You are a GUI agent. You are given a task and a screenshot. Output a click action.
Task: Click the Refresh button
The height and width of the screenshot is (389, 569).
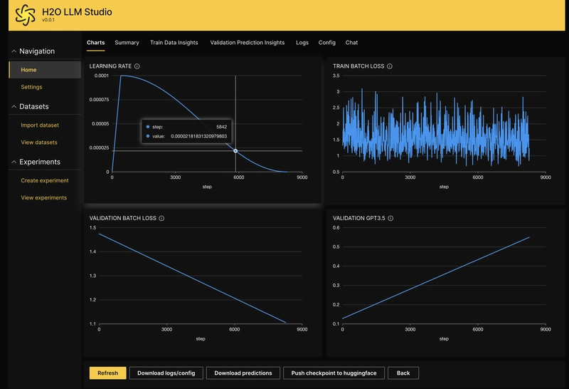coord(108,373)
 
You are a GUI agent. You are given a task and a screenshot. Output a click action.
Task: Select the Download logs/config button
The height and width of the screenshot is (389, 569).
coord(166,373)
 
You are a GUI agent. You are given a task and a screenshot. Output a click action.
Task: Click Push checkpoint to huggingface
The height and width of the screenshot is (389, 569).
coord(334,373)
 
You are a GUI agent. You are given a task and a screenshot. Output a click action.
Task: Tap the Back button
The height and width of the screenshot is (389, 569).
coord(403,373)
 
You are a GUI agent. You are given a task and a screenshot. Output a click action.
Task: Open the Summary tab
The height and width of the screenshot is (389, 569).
coord(127,43)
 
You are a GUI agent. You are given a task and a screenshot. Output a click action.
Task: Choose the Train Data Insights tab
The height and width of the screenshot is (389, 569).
coord(174,43)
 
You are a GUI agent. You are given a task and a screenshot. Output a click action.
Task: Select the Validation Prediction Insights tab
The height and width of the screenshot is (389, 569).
coord(247,43)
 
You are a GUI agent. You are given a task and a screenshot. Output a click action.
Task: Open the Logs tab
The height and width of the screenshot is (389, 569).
coord(302,43)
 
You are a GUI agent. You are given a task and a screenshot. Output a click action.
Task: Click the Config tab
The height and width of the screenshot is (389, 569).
coord(327,43)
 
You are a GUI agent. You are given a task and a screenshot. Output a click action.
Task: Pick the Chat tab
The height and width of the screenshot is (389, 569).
coord(351,43)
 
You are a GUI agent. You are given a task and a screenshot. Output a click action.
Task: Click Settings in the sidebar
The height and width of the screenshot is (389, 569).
coord(31,87)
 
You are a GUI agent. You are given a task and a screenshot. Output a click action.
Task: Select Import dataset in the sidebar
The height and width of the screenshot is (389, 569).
coord(40,125)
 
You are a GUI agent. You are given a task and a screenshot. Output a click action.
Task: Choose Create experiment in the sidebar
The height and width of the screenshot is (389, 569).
coord(45,180)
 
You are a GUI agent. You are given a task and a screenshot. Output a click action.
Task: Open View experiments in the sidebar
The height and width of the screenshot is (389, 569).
coord(44,198)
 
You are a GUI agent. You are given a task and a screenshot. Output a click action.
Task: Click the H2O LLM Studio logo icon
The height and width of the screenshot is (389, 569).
coord(26,15)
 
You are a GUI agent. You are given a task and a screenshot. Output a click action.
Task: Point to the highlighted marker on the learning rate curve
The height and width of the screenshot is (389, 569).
coord(235,151)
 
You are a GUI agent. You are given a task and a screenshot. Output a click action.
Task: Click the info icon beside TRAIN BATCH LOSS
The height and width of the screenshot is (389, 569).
coord(389,66)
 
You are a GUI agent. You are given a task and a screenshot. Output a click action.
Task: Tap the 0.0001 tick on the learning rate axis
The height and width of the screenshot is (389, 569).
coord(102,76)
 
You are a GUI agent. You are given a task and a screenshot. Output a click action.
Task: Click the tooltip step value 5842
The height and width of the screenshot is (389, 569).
coord(221,127)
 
